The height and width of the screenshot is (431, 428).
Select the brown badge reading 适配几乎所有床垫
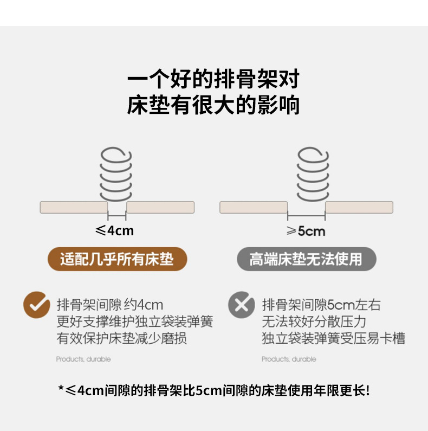117,259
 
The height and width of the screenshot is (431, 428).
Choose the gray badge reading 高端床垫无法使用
306,259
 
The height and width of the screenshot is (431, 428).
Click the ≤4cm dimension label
114,231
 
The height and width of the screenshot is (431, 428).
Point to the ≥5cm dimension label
306,231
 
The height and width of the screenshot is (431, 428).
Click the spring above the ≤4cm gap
116,173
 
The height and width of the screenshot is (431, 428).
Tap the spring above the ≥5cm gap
313,173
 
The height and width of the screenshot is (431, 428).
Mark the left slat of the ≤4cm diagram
74,207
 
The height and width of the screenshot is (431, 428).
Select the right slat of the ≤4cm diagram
160,207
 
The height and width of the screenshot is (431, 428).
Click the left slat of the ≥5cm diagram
254,207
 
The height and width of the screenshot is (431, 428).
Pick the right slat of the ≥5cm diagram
359,207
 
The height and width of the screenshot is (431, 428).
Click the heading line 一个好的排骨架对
213,81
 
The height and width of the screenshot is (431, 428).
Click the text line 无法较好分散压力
314,321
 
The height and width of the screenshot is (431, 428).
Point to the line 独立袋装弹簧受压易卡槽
333,339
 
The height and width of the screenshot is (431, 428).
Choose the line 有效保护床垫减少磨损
122,339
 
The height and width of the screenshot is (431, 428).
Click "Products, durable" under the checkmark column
83,359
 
